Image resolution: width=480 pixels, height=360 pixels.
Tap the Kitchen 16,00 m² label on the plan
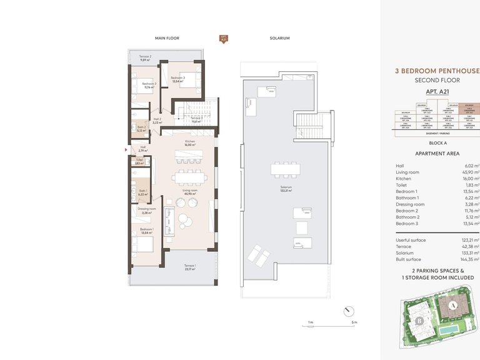[190, 143]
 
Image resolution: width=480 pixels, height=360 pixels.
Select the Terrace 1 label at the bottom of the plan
[189, 267]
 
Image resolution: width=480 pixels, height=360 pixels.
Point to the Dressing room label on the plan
[148, 211]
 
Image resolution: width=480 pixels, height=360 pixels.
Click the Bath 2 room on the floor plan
[142, 129]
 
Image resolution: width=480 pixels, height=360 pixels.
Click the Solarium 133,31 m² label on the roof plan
[286, 190]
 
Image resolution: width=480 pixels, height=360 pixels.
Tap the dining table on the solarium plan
[286, 169]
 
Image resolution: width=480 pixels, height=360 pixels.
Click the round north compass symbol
[348, 311]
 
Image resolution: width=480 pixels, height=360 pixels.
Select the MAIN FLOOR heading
[167, 38]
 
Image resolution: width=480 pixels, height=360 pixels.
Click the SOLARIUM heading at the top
[281, 38]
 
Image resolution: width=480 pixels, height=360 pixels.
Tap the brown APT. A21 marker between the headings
[223, 39]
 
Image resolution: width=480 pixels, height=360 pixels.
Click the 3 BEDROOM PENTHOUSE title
[437, 71]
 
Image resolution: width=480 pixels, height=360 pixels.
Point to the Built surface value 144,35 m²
[468, 258]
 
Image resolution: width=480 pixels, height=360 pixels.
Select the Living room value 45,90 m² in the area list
[468, 172]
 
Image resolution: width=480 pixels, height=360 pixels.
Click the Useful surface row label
[411, 240]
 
